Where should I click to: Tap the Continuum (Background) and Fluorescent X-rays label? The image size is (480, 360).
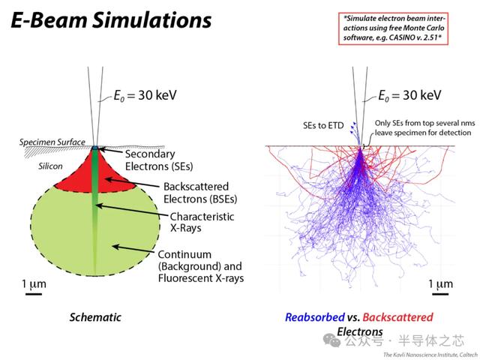(201, 265)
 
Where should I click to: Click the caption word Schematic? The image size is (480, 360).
(95, 317)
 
